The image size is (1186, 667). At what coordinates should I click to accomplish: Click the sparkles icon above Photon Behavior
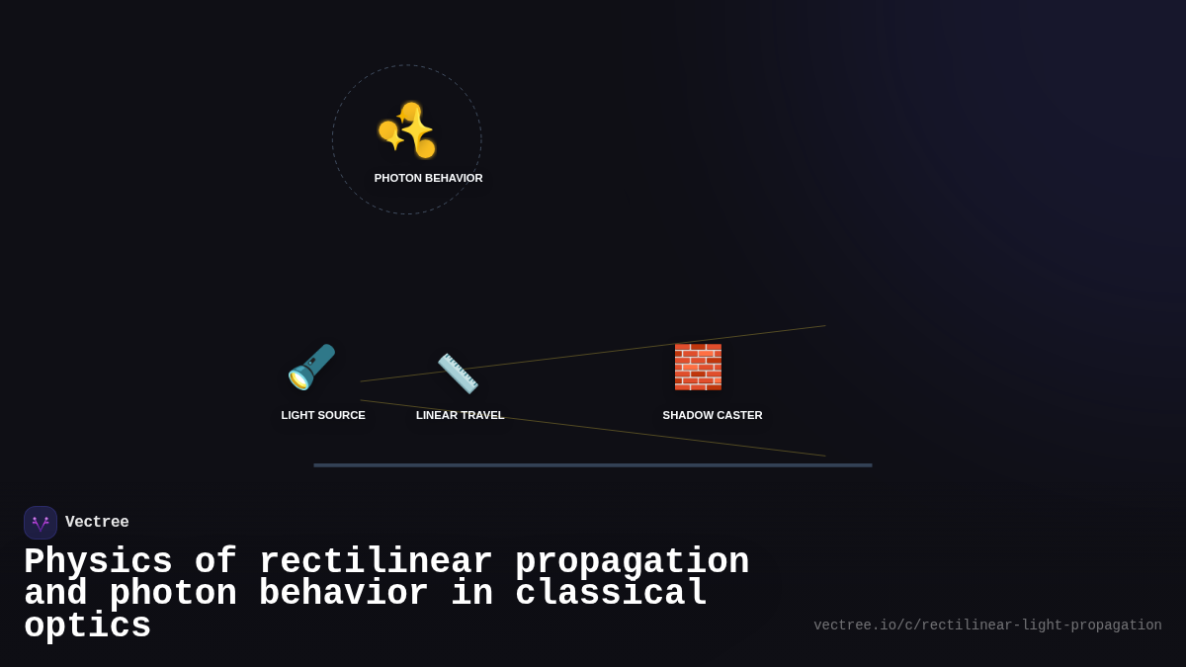pos(406,129)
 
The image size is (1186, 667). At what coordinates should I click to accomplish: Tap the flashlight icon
pos(311,367)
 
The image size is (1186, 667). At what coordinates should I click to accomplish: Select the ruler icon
pos(458,373)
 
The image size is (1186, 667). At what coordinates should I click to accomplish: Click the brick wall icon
pos(698,367)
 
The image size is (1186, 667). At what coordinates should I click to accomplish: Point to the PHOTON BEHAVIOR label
pos(428,178)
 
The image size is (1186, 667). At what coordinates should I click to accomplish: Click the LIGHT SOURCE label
pos(323,415)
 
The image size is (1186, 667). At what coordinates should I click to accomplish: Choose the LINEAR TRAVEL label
pos(460,415)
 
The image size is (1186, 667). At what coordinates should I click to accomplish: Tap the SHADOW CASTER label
pos(713,415)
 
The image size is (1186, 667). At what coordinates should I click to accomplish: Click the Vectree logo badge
pos(41,523)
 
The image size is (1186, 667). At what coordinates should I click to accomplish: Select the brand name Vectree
pos(97,523)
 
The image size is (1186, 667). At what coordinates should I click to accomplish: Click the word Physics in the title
pos(98,562)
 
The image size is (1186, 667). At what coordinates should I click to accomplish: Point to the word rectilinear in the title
pos(376,562)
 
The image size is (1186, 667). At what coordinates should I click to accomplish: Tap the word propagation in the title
pos(632,562)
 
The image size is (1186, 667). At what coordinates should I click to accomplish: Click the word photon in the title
pos(173,594)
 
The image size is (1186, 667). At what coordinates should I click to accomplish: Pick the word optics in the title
pos(87,626)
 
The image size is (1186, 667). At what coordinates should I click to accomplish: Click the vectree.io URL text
pos(987,625)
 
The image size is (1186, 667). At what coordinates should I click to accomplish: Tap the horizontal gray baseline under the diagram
pos(593,465)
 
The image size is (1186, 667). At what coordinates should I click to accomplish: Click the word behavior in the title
pos(344,594)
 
